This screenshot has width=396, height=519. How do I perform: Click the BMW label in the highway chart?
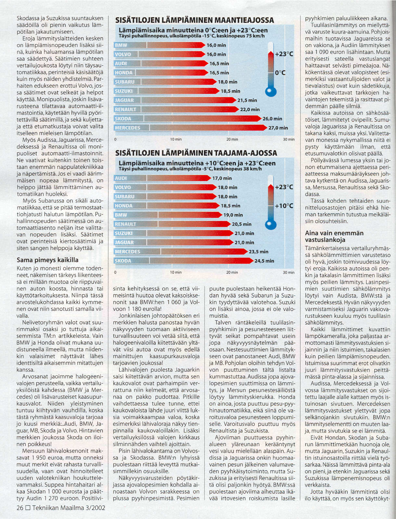click(121, 45)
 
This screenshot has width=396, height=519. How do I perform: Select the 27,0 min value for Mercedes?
click(278, 128)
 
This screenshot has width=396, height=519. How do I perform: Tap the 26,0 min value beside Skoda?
click(272, 119)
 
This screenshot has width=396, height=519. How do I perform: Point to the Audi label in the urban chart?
click(121, 178)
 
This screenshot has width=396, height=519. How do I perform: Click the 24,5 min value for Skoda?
click(264, 261)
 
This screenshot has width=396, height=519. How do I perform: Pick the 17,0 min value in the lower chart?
click(222, 178)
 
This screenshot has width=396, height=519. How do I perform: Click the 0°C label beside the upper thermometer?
click(280, 73)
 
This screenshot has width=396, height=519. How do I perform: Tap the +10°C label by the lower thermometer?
click(284, 206)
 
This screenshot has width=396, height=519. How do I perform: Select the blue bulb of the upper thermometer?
click(271, 92)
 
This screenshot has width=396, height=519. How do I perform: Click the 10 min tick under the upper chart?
click(176, 140)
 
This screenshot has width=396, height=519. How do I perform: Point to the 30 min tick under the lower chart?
click(288, 273)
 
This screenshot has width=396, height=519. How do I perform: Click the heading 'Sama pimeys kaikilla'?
click(47, 260)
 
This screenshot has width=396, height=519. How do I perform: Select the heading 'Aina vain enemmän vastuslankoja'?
click(334, 236)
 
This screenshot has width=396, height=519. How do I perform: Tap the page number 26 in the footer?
click(20, 508)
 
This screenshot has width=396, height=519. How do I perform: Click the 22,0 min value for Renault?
click(250, 109)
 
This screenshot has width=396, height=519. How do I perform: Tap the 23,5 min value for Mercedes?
click(259, 252)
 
